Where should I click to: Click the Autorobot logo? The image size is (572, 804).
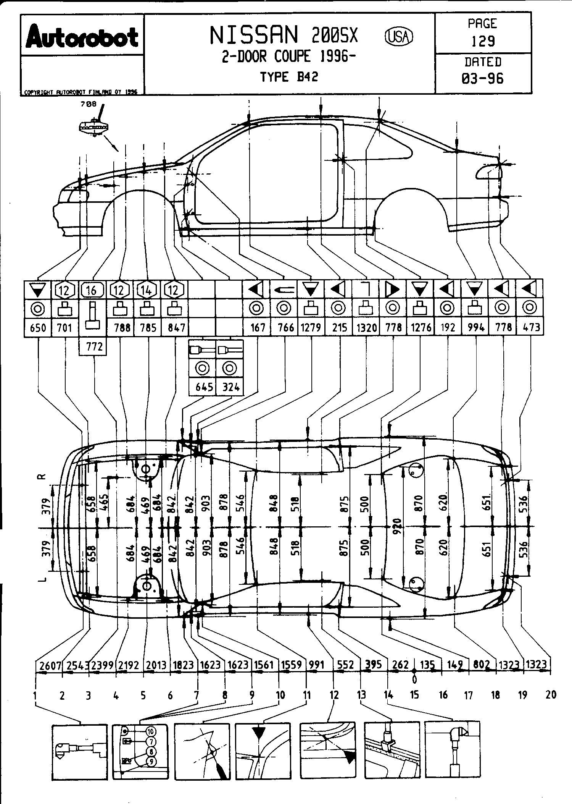coord(82,37)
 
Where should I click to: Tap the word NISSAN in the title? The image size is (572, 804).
coord(253,35)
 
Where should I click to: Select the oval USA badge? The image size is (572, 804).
coord(399,36)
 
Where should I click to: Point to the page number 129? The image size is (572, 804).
coord(483,40)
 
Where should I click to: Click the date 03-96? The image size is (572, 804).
coord(483,78)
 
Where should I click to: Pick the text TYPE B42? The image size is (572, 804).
coord(289,77)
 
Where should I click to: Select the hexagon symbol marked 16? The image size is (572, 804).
coord(92,290)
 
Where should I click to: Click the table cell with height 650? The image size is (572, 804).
coord(37,327)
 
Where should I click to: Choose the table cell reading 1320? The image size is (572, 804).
coord(366,327)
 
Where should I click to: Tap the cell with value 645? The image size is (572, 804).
coord(204,387)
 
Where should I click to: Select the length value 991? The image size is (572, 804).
coord(316,665)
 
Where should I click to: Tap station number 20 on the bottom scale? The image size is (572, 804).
coord(551,695)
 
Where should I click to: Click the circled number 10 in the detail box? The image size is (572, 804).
coord(151,731)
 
